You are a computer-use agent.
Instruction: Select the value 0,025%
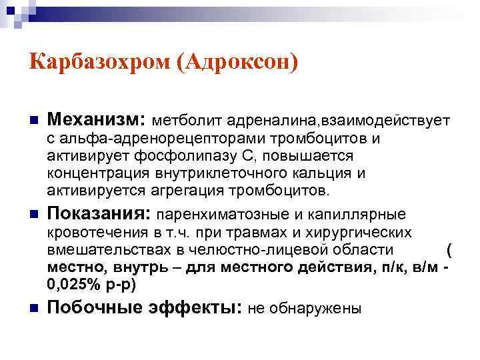point(69,283)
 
